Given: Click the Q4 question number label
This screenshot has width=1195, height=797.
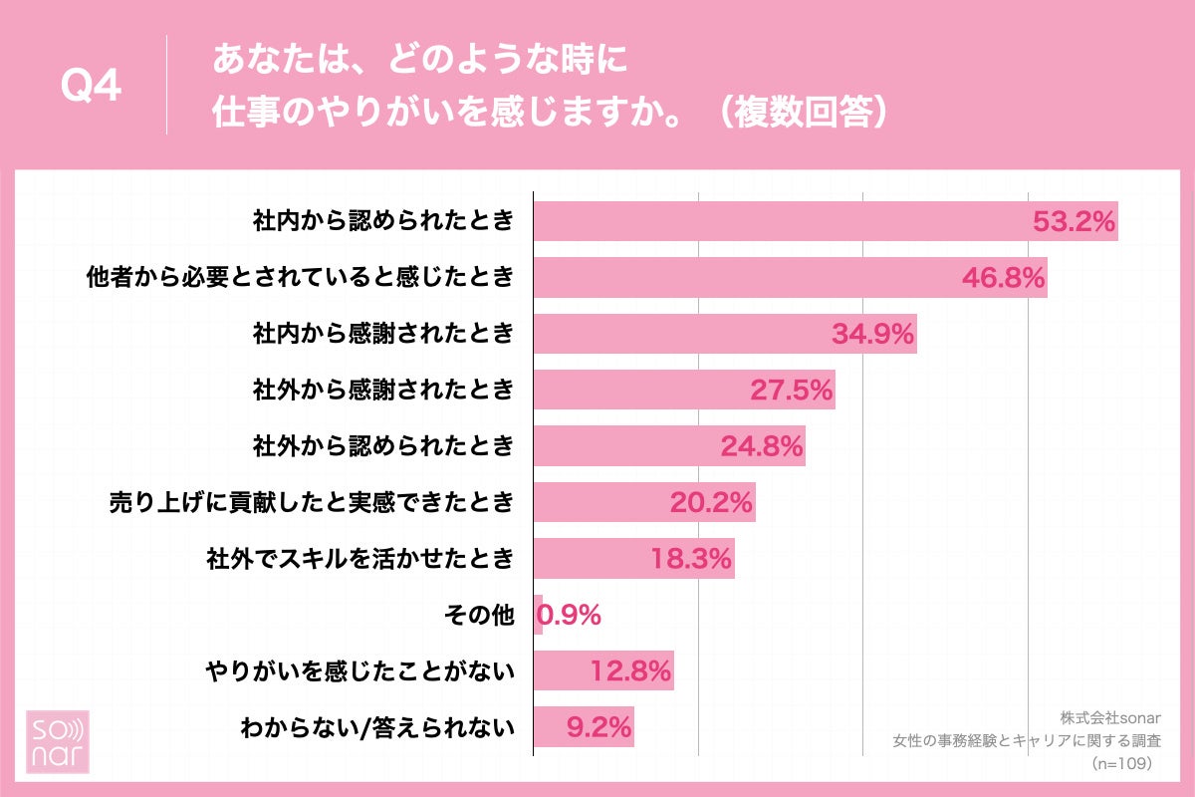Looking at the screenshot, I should [x=91, y=87].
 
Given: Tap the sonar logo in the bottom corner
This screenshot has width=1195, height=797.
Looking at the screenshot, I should [x=57, y=742].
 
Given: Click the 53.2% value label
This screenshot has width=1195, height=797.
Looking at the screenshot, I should [x=1074, y=221].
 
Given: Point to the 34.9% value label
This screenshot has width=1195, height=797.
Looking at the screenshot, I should [x=872, y=334].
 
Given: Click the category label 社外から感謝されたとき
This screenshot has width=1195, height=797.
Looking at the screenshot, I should [x=383, y=390].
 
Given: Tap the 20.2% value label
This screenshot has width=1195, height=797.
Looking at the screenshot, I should [x=711, y=502].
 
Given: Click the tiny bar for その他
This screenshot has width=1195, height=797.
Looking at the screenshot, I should [x=539, y=615].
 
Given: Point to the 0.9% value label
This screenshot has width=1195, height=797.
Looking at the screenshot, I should [x=573, y=615].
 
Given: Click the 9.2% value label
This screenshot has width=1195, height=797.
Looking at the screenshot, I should [x=598, y=727].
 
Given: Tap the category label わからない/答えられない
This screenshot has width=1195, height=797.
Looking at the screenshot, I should [x=377, y=727].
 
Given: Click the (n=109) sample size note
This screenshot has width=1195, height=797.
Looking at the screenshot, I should [x=1121, y=763].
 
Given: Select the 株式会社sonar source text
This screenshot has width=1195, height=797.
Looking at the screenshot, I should [x=1105, y=717].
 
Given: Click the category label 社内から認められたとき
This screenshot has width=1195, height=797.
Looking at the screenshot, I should [x=383, y=221].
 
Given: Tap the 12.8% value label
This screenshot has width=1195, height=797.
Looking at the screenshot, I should [x=630, y=670].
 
